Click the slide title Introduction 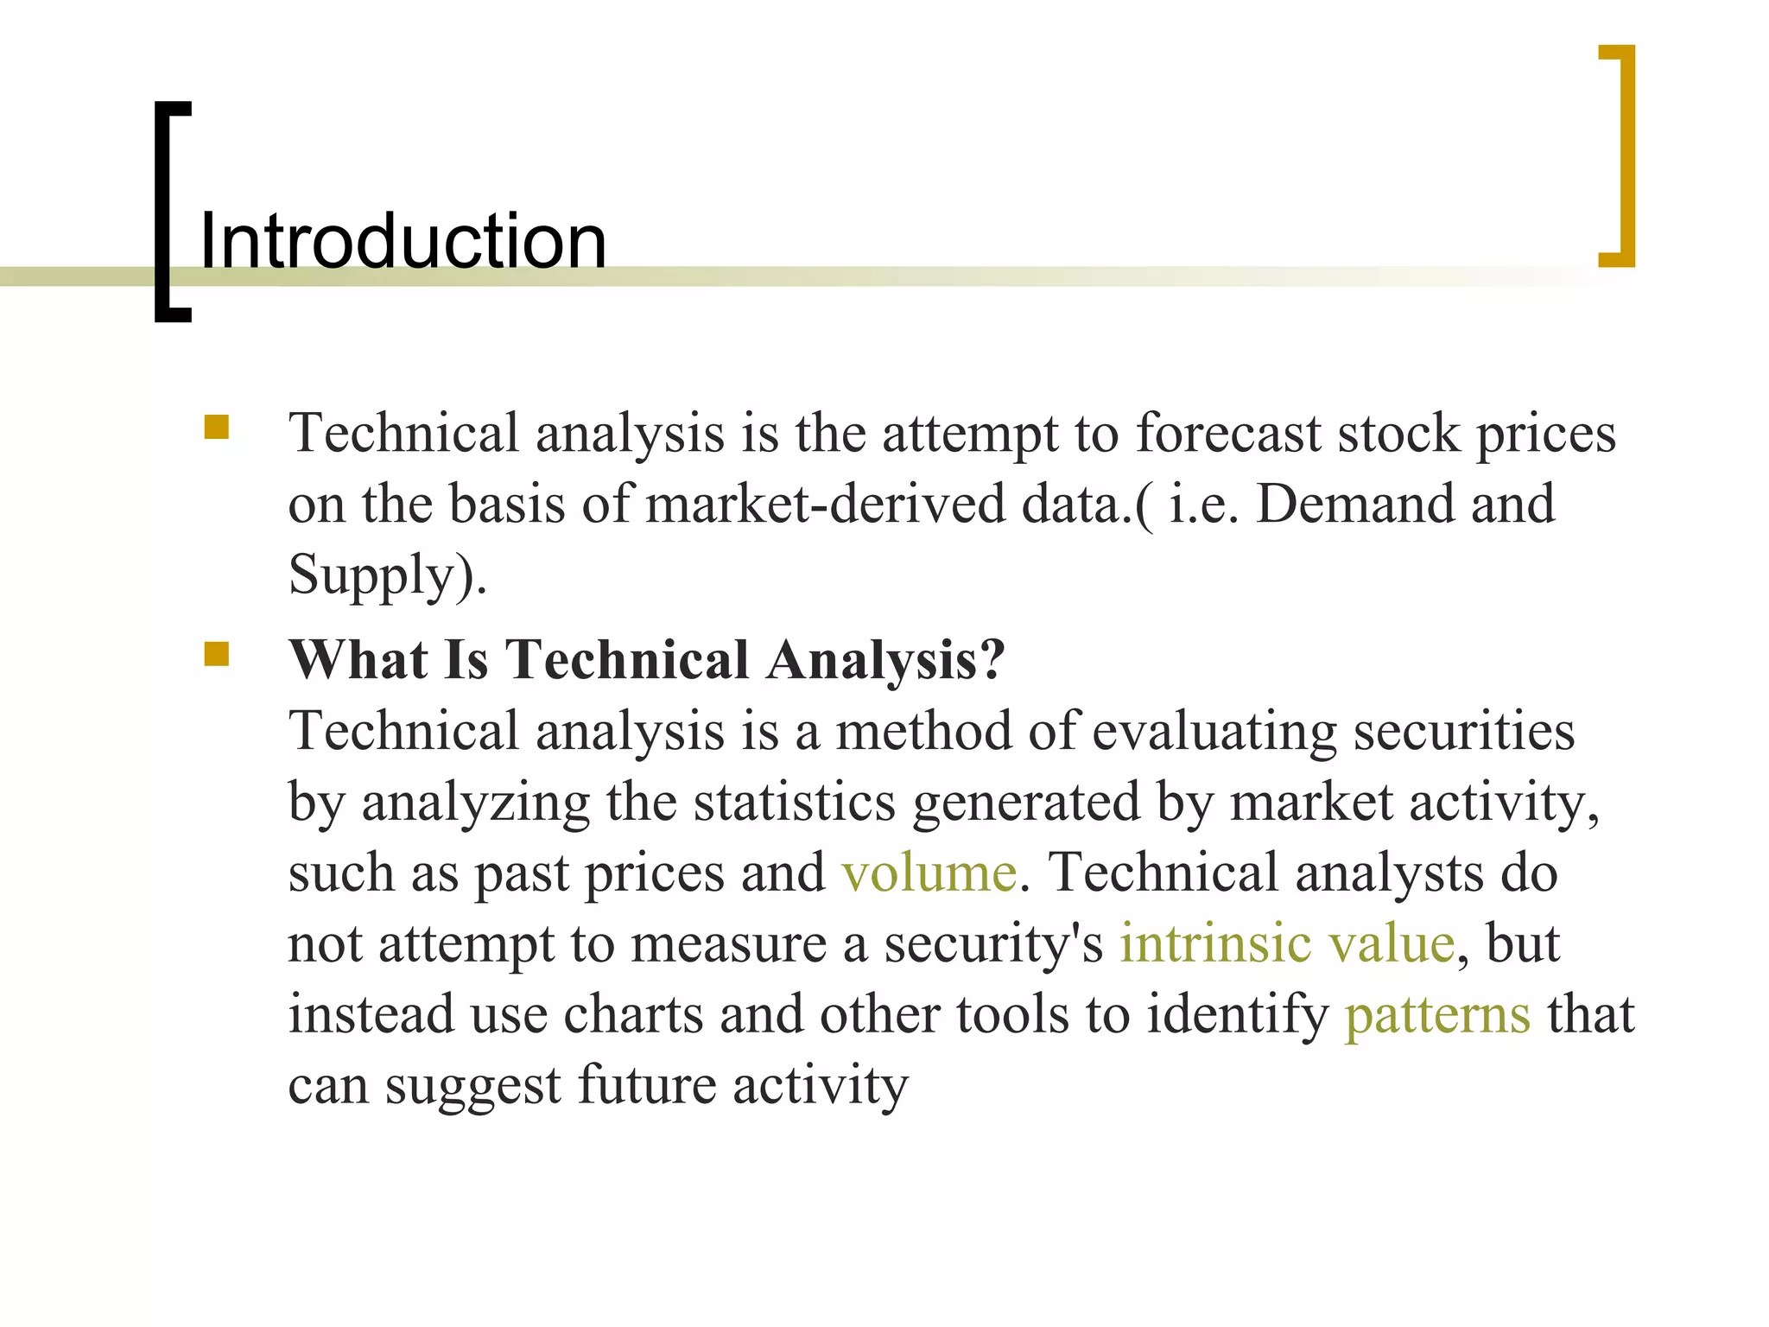point(403,241)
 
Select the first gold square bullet point(216,428)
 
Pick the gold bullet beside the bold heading point(216,655)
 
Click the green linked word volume point(929,873)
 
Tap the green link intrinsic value point(1287,943)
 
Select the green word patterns point(1437,1014)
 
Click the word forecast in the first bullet point(1227,433)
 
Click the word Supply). point(387,575)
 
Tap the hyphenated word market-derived point(825,504)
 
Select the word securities point(1463,731)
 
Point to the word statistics point(795,802)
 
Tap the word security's point(993,943)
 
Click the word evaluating point(1214,731)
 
